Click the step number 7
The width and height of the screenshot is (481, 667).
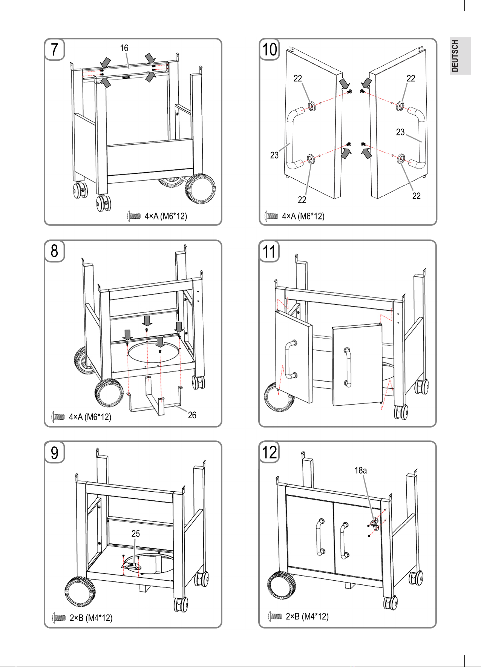pyautogui.click(x=55, y=49)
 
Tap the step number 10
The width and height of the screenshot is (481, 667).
pyautogui.click(x=269, y=49)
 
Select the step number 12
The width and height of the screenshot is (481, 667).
pyautogui.click(x=269, y=452)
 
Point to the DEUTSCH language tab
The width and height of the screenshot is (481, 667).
pyautogui.click(x=455, y=56)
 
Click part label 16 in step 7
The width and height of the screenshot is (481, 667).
pyautogui.click(x=124, y=48)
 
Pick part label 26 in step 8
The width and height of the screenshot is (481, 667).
pyautogui.click(x=192, y=415)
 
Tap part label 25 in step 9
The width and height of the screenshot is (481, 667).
pyautogui.click(x=135, y=534)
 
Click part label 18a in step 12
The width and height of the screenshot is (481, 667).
pyautogui.click(x=360, y=470)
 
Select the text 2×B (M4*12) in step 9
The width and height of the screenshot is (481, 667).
pyautogui.click(x=91, y=618)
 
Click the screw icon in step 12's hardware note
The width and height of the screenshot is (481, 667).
pyautogui.click(x=275, y=616)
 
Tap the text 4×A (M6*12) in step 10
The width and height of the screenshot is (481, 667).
pyautogui.click(x=303, y=216)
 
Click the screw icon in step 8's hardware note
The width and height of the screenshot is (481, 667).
pyautogui.click(x=58, y=417)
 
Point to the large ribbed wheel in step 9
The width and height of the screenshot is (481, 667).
pyautogui.click(x=80, y=592)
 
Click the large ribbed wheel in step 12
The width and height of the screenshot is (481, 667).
pyautogui.click(x=282, y=585)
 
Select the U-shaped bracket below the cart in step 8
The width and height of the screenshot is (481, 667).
pyautogui.click(x=155, y=400)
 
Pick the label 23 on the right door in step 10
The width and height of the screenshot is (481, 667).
pyautogui.click(x=400, y=132)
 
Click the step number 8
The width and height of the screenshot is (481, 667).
pyautogui.click(x=55, y=251)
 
